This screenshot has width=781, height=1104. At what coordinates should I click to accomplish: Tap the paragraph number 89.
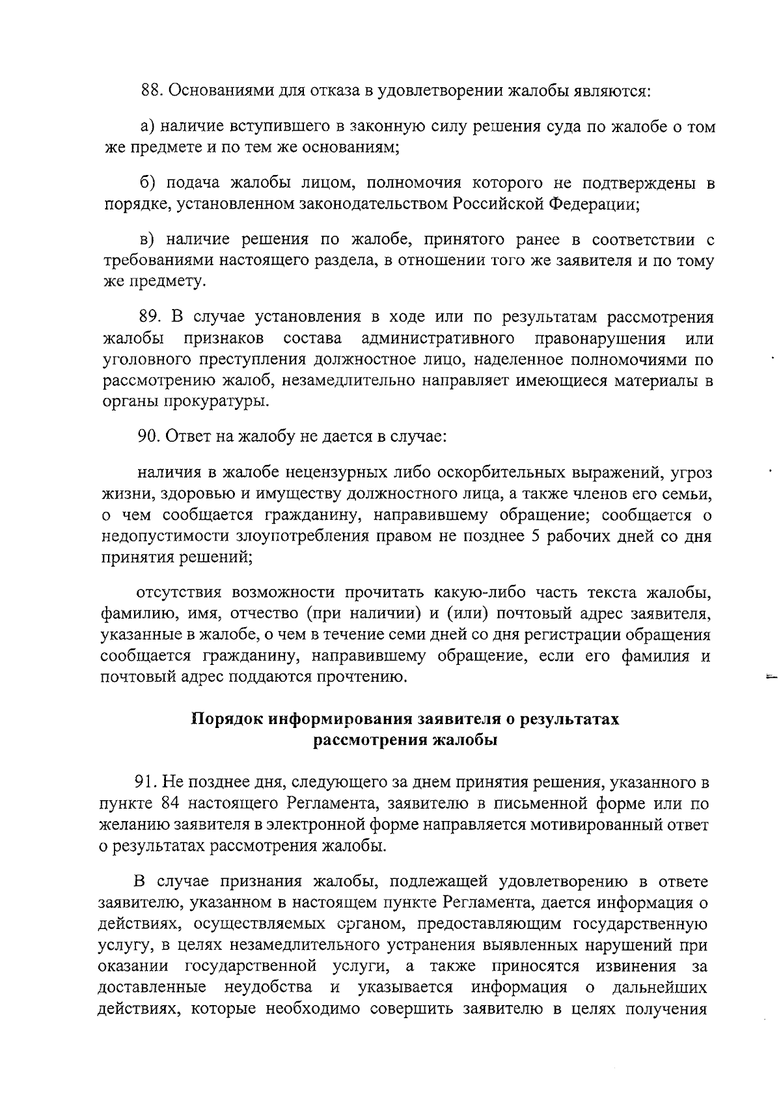point(150,317)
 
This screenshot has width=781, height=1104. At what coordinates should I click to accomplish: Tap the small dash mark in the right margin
point(772,676)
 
